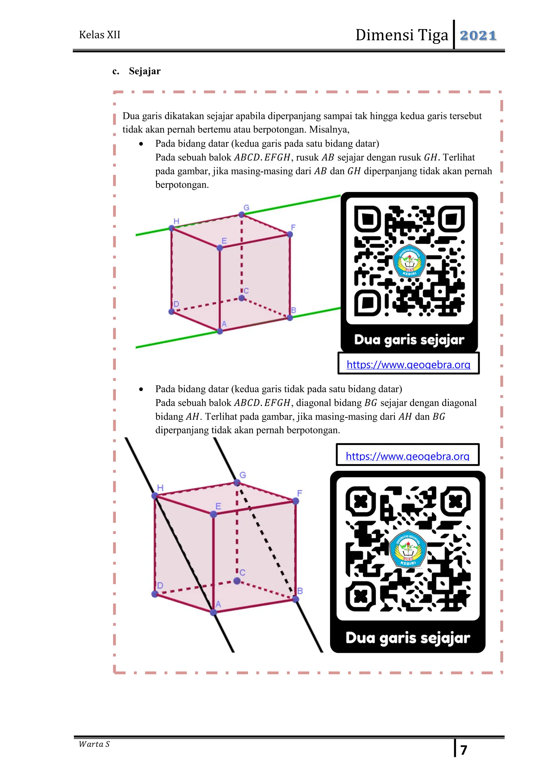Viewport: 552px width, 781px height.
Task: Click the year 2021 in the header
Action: [478, 35]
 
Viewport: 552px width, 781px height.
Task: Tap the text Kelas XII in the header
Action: [99, 35]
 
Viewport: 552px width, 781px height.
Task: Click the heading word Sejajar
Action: [144, 71]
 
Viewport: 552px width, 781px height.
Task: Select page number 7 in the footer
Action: [464, 750]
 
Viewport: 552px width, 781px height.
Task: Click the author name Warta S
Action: [94, 744]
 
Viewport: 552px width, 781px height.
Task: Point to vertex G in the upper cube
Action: [241, 214]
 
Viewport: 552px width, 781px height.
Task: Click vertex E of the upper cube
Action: [220, 248]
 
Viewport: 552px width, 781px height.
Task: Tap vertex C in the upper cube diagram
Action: [241, 298]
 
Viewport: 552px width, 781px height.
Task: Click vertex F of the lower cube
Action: [295, 501]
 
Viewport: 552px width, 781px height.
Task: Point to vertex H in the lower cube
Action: [155, 496]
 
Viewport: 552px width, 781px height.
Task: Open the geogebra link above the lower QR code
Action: [407, 456]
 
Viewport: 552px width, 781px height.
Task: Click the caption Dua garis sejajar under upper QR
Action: [409, 340]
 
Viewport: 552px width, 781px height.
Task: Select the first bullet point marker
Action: [141, 144]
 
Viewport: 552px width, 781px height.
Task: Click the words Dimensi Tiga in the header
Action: [402, 35]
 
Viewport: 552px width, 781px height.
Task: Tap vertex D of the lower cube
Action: [155, 594]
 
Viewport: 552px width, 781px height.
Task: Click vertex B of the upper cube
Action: [289, 318]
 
